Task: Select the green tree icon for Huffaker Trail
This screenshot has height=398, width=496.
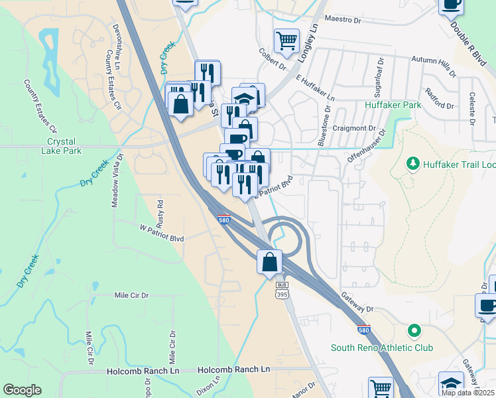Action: coord(414,163)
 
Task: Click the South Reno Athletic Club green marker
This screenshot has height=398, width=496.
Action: coord(414,330)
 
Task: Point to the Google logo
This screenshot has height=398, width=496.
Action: coord(22,390)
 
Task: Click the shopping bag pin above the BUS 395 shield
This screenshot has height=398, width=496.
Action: coord(270,262)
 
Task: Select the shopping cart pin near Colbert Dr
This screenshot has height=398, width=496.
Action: coord(286,40)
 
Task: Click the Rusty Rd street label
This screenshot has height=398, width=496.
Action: coord(160,210)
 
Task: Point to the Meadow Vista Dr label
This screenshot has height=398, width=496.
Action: coord(117,182)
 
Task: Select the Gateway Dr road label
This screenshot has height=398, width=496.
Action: coord(359,303)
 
